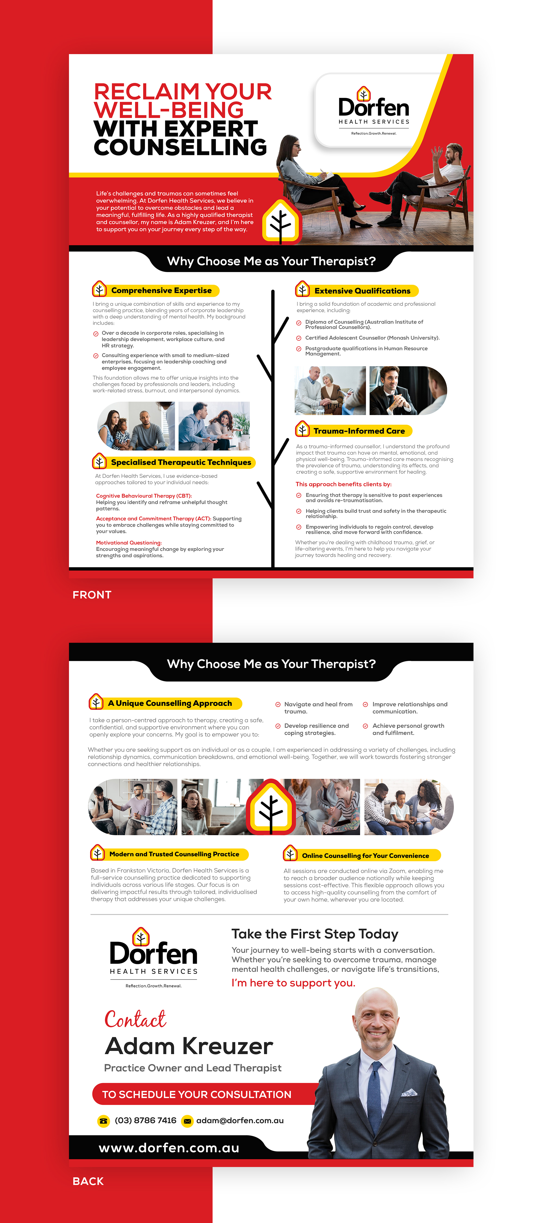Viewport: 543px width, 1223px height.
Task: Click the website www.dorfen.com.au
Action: tap(169, 1148)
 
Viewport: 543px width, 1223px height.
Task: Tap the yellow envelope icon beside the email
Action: tap(187, 1121)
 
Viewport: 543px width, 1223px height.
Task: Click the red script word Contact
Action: tap(135, 1019)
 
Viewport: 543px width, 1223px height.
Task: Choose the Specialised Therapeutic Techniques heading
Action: tap(181, 462)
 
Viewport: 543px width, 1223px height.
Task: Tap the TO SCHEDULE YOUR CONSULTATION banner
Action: tap(197, 1094)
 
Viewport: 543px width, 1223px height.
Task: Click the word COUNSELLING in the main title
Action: tap(180, 147)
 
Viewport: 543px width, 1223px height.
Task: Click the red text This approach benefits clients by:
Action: tap(343, 484)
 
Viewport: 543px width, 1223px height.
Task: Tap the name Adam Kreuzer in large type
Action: tap(189, 1046)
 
